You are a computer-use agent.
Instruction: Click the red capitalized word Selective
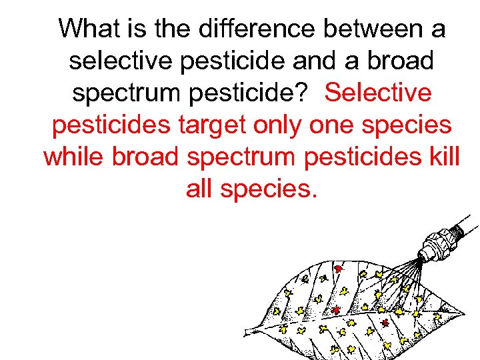coord(378,93)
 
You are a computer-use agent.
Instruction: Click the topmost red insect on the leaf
coord(338,269)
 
